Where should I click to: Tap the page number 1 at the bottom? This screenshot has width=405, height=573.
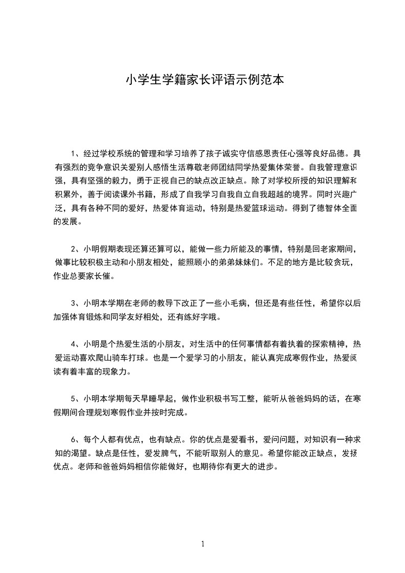coord(203,544)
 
